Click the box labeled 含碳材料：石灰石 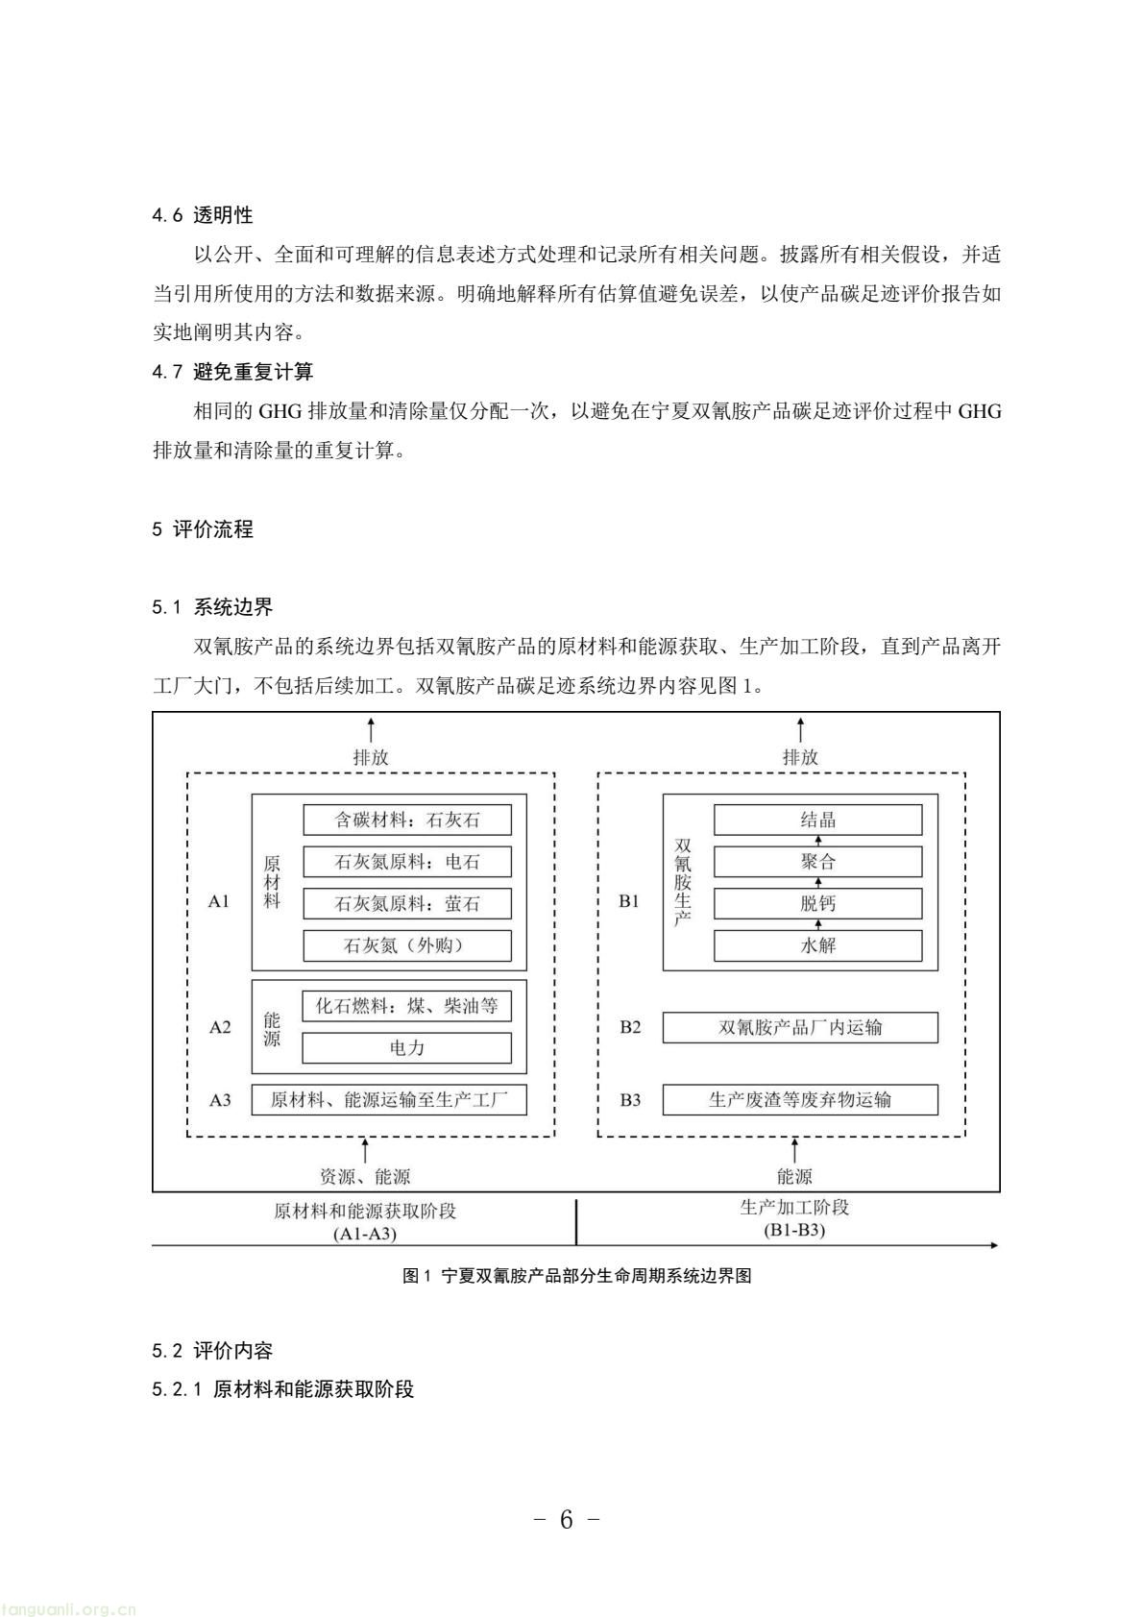(407, 820)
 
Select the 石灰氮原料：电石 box (407, 862)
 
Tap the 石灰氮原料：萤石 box (407, 903)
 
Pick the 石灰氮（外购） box (407, 945)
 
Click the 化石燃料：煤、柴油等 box (407, 1006)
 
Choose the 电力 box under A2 (407, 1047)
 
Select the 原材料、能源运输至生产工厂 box (389, 1099)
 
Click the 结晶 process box (817, 820)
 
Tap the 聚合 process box (817, 862)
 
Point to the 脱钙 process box (817, 903)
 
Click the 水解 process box (817, 945)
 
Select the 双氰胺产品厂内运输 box (800, 1027)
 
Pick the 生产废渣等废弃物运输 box (800, 1099)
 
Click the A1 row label (219, 901)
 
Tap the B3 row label (630, 1099)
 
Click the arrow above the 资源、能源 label (365, 1150)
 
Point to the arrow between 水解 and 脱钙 (818, 924)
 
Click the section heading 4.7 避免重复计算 (232, 372)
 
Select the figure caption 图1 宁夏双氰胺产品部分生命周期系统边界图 (576, 1276)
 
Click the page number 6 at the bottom (566, 1520)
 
